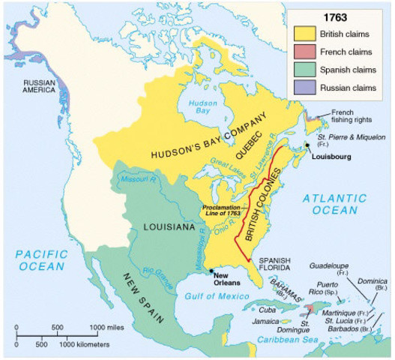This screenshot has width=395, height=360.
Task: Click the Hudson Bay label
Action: pyautogui.click(x=202, y=106)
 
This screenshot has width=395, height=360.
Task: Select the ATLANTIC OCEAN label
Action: pyautogui.click(x=335, y=203)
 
